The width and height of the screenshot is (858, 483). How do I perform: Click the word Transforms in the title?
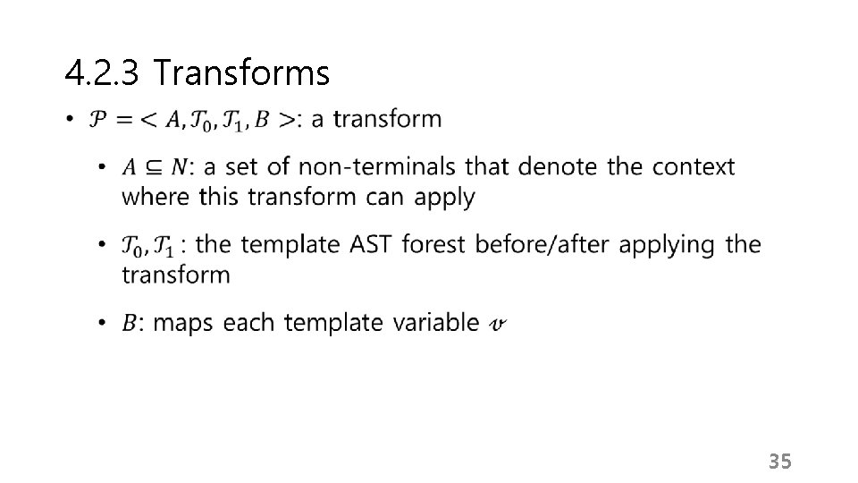[241, 73]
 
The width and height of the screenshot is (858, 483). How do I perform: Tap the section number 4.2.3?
[101, 73]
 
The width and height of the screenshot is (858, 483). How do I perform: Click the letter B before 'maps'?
[129, 323]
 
